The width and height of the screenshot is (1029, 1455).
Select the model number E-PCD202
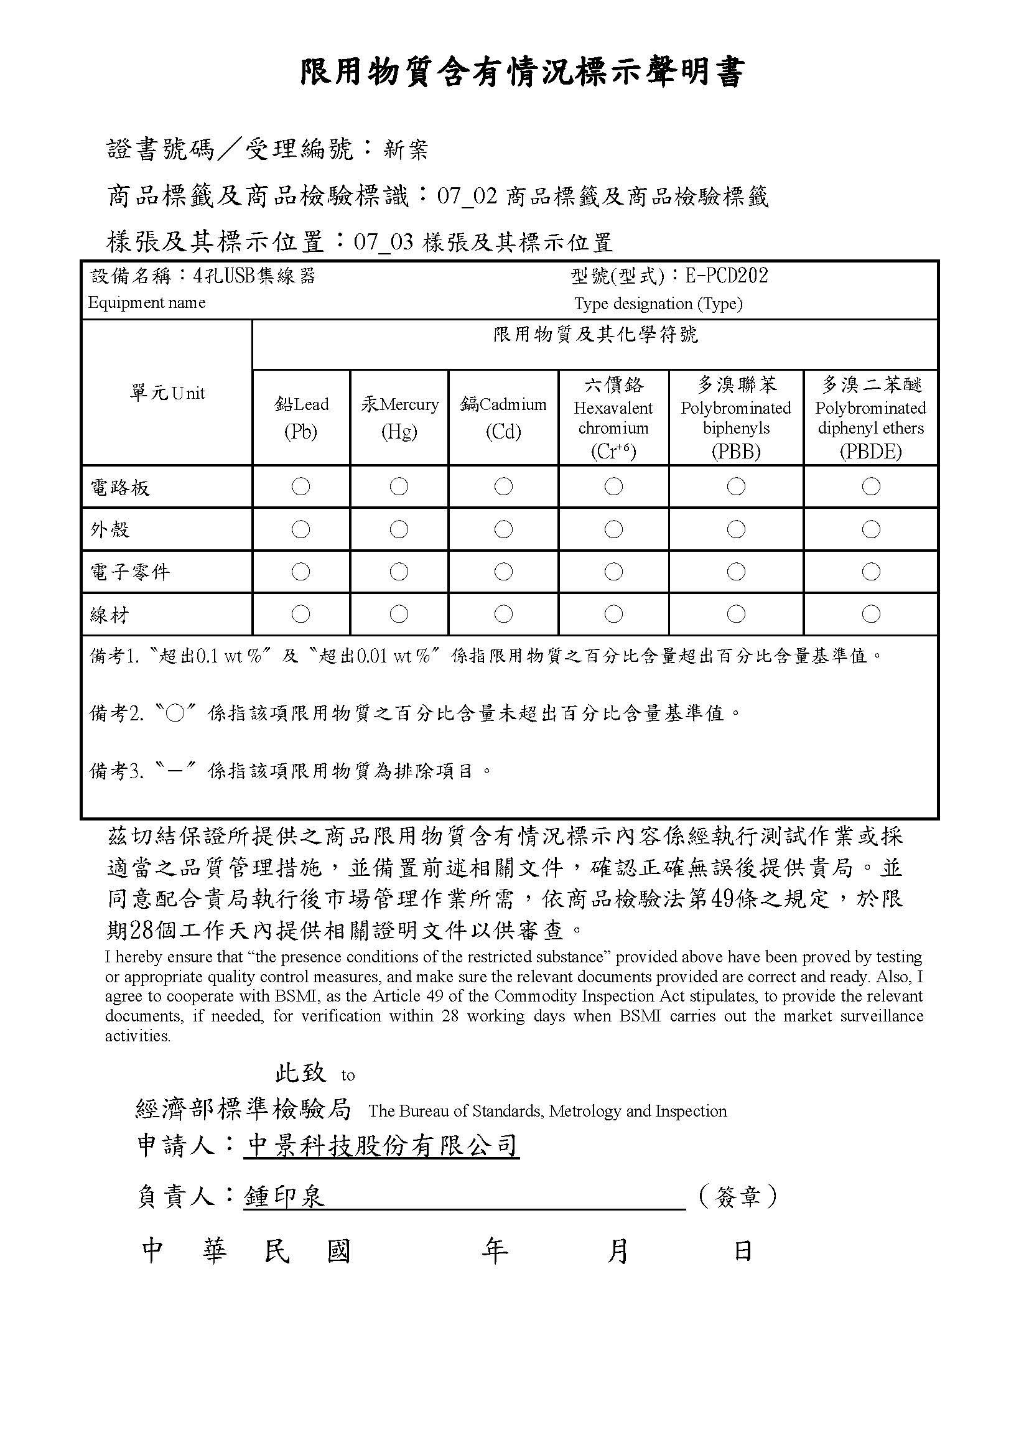click(727, 276)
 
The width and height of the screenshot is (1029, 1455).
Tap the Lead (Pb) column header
click(301, 417)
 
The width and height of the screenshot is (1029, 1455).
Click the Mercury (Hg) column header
click(399, 417)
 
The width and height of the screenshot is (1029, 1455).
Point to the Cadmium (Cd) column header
click(503, 417)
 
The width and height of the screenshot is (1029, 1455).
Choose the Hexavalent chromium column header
click(613, 417)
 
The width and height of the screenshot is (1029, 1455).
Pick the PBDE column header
click(870, 417)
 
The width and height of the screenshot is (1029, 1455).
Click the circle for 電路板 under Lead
click(301, 486)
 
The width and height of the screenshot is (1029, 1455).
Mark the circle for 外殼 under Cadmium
click(503, 529)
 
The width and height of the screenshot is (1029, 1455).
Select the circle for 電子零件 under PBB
click(735, 572)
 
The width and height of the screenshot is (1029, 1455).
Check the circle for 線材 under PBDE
click(870, 613)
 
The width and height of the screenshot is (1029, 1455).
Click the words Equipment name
click(147, 303)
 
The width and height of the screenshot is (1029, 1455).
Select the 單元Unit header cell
click(167, 393)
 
